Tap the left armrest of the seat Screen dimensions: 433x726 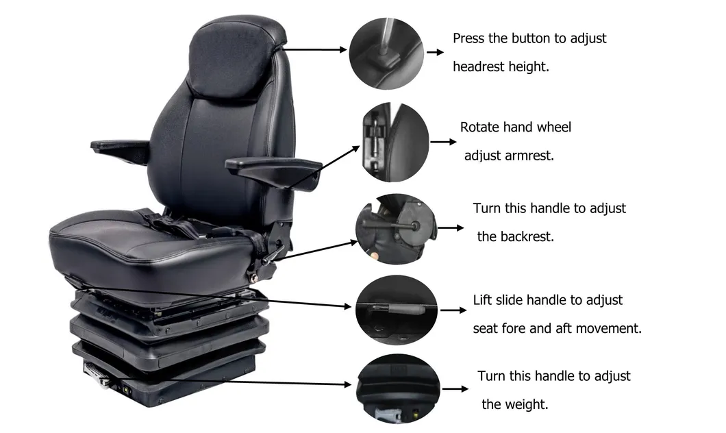coord(121,147)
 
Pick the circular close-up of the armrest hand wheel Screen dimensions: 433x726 coord(395,143)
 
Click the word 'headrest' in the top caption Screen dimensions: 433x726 coord(478,66)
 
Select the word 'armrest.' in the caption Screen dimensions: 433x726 coord(529,156)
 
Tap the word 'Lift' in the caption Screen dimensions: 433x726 coord(484,300)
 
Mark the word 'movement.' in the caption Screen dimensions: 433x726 coord(608,328)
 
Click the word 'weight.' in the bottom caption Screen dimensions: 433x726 coord(526,404)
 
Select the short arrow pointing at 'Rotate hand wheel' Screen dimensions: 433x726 coord(443,142)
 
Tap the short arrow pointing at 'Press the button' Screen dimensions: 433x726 coord(436,51)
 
